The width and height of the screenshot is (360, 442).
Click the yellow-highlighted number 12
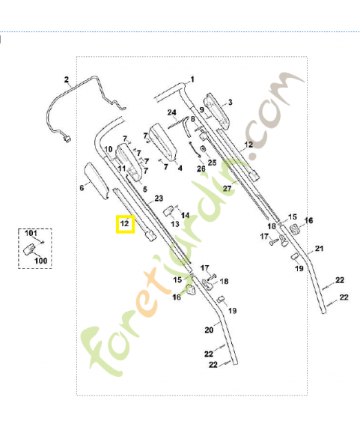(x=124, y=224)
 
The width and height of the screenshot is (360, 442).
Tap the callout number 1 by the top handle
(x=192, y=79)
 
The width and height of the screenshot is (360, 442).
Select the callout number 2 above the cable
(x=67, y=79)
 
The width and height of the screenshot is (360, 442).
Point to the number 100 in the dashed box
(x=41, y=261)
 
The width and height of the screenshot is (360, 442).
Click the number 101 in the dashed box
(x=31, y=233)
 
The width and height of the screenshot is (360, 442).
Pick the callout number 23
(x=159, y=199)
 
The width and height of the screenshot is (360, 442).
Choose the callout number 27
(x=227, y=188)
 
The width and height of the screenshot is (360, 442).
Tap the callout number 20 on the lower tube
(x=209, y=330)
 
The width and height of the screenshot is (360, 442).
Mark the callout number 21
(x=319, y=249)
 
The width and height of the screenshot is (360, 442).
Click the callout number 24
(x=172, y=112)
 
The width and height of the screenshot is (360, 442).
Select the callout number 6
(x=82, y=188)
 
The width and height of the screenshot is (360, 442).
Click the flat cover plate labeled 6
(x=97, y=181)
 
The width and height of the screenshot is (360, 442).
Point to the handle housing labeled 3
(x=217, y=112)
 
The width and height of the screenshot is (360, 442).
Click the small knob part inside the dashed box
(x=29, y=249)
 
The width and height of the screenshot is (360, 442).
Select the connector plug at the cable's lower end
(x=67, y=139)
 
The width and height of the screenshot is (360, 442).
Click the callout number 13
(x=175, y=224)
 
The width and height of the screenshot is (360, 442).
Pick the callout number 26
(x=201, y=169)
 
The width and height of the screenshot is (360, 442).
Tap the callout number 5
(x=145, y=189)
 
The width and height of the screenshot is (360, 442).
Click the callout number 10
(x=109, y=149)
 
